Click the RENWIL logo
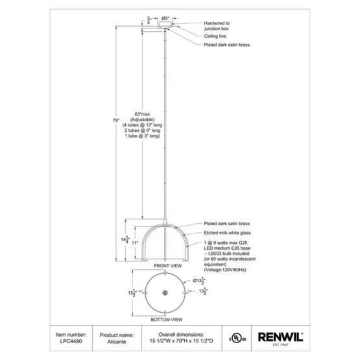(x=281, y=338)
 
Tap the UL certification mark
(x=237, y=339)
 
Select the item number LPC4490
(x=71, y=341)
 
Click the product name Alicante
(x=117, y=342)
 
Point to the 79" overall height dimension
(x=116, y=120)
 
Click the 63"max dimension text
(x=142, y=114)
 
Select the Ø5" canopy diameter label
(x=165, y=18)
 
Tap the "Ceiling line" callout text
(x=215, y=36)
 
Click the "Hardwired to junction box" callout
(x=217, y=26)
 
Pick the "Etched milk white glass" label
(x=227, y=233)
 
